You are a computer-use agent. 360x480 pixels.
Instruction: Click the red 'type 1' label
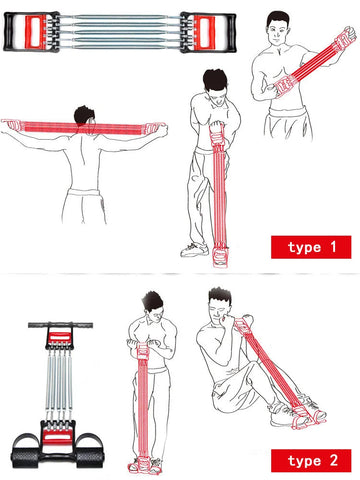(x=311, y=247)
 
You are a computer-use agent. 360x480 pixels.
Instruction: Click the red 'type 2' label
(x=311, y=461)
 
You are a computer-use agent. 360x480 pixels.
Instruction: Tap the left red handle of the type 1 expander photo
(x=36, y=32)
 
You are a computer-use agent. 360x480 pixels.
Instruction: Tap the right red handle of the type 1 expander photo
(x=204, y=32)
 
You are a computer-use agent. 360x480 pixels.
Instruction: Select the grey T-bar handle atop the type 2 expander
(x=60, y=325)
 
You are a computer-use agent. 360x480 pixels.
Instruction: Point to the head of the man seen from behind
(x=84, y=116)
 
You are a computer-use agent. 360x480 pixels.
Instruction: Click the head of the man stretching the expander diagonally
(x=278, y=28)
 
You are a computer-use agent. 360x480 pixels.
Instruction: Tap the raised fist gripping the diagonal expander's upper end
(x=348, y=34)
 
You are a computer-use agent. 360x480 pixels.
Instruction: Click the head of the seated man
(x=220, y=305)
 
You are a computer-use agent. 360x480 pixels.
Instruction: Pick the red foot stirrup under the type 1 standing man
(x=219, y=257)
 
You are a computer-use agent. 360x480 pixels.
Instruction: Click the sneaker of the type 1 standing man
(x=194, y=250)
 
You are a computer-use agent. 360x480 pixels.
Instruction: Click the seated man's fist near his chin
(x=229, y=321)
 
